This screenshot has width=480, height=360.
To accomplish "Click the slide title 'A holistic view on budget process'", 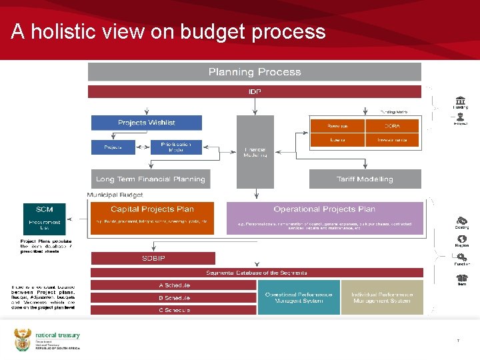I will (168, 32).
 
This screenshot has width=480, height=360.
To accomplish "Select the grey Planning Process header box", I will (255, 72).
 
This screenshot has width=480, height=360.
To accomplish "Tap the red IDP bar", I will (255, 91).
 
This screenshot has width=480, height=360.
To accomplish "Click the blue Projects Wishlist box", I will (146, 123).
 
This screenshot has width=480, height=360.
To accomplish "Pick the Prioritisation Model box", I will (176, 147).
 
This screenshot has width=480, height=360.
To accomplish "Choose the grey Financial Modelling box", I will (255, 151).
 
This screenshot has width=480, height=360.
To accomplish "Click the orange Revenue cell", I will (337, 125).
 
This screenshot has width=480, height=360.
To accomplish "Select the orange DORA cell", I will (392, 125).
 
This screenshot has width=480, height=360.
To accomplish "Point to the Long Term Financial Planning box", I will (151, 179).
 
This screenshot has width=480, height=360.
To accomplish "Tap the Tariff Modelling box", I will (365, 179).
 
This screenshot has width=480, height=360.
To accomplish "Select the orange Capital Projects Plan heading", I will (152, 209).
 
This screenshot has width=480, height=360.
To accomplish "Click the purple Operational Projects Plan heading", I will (325, 209).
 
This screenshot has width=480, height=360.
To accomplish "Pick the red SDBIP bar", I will (153, 258).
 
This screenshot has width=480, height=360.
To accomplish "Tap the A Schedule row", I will (173, 285).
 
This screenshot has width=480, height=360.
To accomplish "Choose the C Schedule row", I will (173, 310).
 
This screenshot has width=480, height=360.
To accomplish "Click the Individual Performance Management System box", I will (382, 297).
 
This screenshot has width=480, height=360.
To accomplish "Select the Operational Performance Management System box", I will (298, 297).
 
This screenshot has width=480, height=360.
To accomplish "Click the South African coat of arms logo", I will (22, 340).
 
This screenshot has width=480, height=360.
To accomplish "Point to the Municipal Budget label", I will (115, 195).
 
